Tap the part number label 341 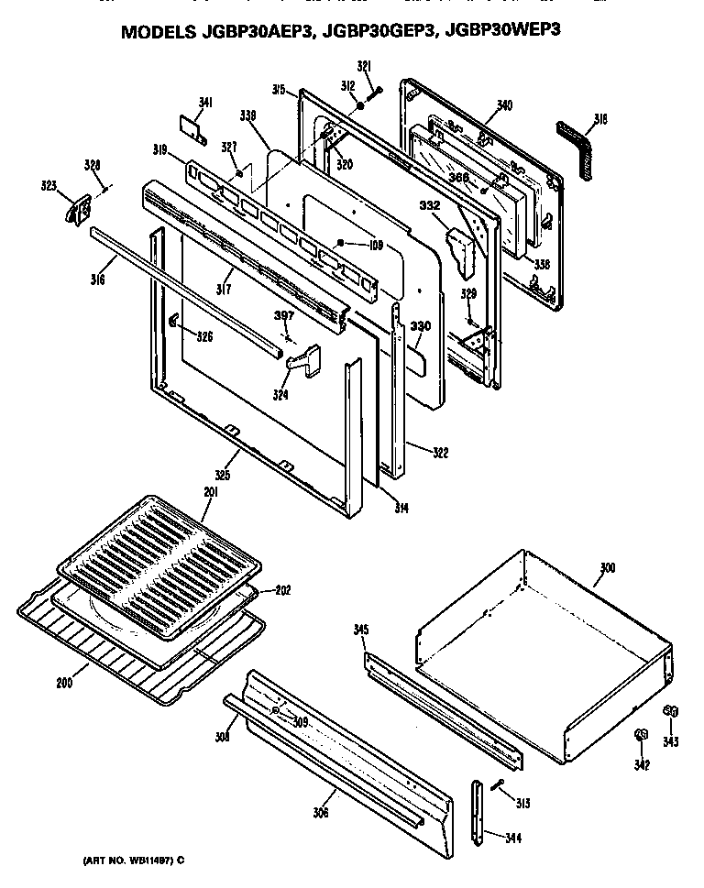pos(205,102)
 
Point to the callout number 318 pos(599,118)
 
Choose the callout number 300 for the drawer pos(606,569)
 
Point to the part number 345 pos(361,630)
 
